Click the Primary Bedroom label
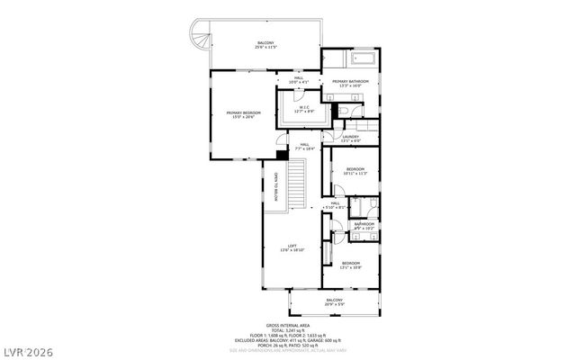(242, 114)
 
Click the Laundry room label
(351, 139)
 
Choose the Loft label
(292, 247)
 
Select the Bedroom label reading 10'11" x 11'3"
(355, 171)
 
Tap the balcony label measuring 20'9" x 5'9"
(334, 301)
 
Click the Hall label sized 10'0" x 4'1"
(299, 79)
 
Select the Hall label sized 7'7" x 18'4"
(304, 146)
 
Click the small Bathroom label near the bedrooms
(364, 226)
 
